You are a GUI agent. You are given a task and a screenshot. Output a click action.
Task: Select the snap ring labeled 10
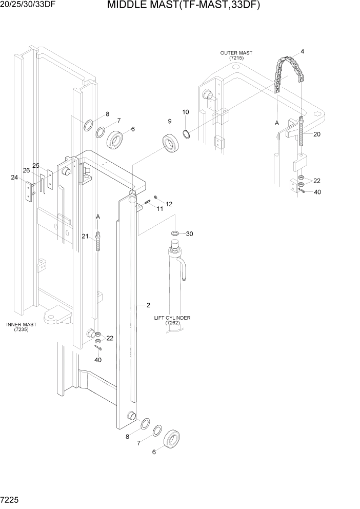pyautogui.click(x=188, y=134)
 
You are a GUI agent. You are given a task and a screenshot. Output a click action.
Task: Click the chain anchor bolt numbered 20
pyautogui.click(x=302, y=132)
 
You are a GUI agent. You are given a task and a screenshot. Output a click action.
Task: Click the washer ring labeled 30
pyautogui.click(x=175, y=234)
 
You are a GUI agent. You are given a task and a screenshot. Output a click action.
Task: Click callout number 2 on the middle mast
pyautogui.click(x=148, y=305)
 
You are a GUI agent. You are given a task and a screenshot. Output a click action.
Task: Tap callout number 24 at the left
pyautogui.click(x=14, y=178)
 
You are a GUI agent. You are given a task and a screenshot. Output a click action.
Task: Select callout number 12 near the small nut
pyautogui.click(x=169, y=204)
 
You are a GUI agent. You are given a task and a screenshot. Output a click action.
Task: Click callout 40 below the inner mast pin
pyautogui.click(x=98, y=360)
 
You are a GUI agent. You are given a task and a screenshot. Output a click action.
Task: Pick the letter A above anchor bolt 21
pyautogui.click(x=97, y=218)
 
